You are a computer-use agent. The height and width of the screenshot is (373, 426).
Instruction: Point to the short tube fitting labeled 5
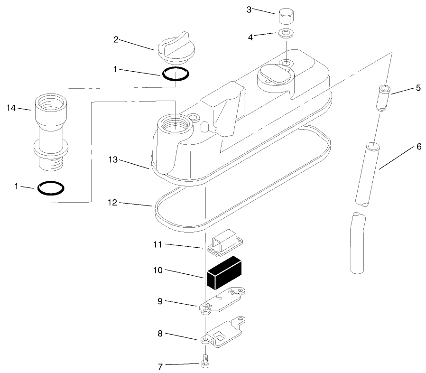(385, 97)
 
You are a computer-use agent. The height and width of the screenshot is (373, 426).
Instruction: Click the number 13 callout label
(113, 160)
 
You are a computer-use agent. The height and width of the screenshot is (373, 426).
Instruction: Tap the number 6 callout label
(419, 147)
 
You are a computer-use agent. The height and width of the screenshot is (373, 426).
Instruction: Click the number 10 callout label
(157, 270)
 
